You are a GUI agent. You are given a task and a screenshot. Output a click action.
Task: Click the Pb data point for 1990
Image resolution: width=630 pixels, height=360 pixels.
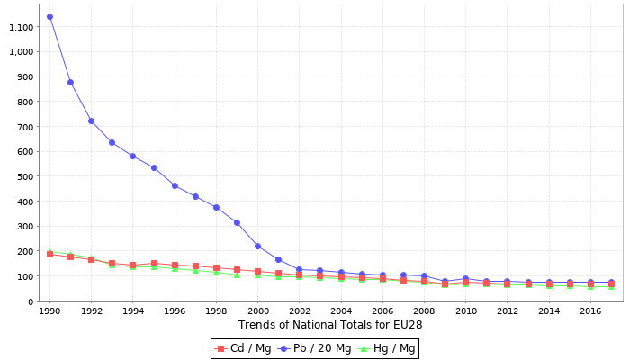click(x=49, y=16)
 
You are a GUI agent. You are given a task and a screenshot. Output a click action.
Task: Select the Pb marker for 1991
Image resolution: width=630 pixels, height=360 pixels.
click(x=70, y=82)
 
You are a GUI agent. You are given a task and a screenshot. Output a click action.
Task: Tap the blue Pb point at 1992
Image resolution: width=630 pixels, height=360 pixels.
click(x=91, y=121)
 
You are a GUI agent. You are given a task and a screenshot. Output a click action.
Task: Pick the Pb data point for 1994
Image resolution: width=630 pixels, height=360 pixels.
click(x=132, y=156)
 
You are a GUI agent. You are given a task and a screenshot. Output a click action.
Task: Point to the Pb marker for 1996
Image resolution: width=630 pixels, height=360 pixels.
click(x=175, y=185)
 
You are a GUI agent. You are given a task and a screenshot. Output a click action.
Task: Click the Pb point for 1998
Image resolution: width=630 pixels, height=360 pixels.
click(x=216, y=207)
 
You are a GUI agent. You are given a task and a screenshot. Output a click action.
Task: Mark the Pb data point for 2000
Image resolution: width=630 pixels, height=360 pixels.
click(x=257, y=246)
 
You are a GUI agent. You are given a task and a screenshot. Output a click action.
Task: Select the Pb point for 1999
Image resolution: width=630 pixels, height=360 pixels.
click(x=237, y=222)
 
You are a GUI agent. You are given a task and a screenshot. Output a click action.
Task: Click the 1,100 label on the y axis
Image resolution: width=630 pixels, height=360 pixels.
click(x=21, y=27)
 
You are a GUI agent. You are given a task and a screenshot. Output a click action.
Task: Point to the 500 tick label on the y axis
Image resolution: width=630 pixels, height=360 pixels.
click(x=25, y=176)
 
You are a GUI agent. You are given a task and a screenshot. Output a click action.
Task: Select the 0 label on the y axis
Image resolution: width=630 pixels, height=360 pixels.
click(x=31, y=301)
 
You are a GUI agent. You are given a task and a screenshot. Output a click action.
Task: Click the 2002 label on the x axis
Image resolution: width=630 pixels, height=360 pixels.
click(x=299, y=311)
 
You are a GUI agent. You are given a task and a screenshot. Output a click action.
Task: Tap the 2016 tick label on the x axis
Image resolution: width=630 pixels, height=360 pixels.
click(x=590, y=311)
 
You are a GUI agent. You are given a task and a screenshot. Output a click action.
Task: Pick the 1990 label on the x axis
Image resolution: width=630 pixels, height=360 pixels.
click(x=49, y=311)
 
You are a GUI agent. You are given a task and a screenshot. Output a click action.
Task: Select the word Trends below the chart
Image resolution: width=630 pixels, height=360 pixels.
click(x=259, y=324)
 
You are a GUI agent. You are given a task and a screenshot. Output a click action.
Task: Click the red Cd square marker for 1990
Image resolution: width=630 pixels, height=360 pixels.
click(x=49, y=254)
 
